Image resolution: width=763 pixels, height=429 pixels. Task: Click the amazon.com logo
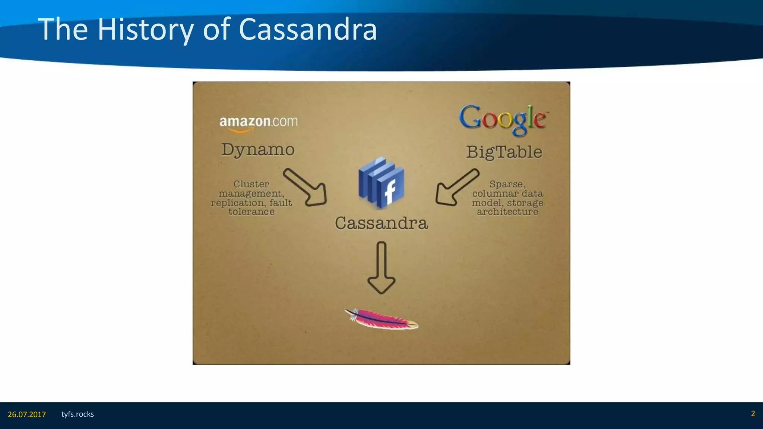[258, 123]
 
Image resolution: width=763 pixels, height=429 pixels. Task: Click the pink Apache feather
[381, 320]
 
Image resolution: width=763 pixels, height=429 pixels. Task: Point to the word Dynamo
[258, 150]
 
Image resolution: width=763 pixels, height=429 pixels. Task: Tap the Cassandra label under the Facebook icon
[381, 223]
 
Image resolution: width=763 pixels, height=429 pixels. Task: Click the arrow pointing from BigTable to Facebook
[456, 188]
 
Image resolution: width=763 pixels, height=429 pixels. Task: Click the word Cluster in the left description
[251, 184]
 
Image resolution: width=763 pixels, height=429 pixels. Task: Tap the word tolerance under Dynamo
[251, 212]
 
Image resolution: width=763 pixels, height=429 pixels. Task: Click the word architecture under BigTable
[507, 212]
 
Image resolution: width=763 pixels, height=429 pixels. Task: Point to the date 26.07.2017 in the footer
[27, 414]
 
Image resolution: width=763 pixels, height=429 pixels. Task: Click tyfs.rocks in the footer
[77, 414]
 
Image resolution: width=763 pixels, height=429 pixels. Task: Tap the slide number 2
[753, 414]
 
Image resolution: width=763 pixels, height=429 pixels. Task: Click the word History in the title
[145, 30]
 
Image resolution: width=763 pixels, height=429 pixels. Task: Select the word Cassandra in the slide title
[308, 30]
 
